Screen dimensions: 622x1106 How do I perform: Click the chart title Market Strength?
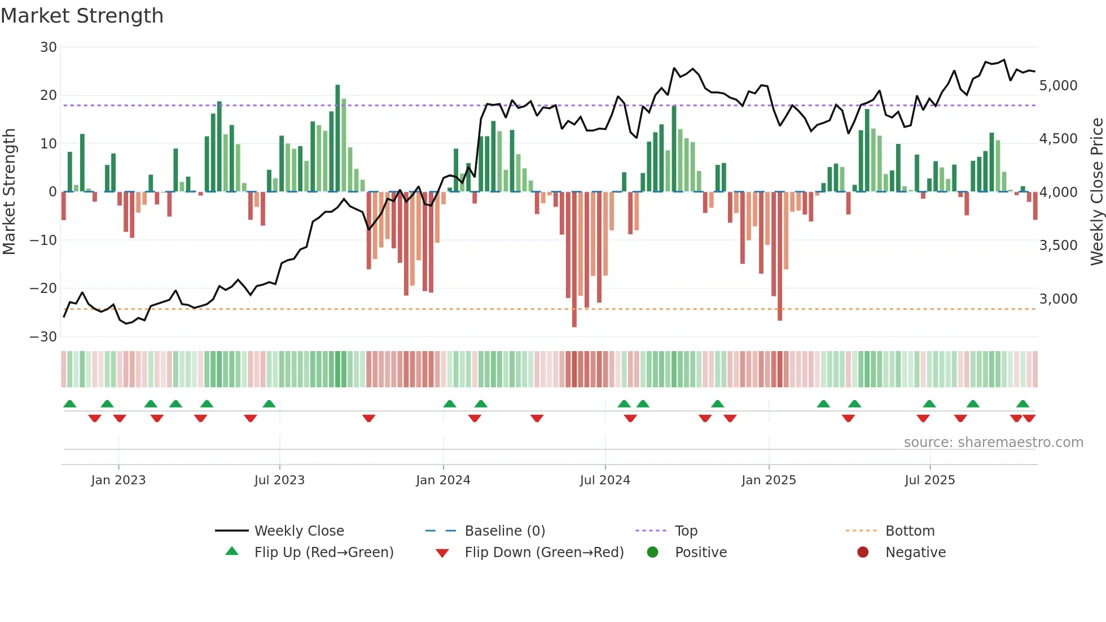pyautogui.click(x=82, y=16)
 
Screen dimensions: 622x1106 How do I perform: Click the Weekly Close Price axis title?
pyautogui.click(x=1096, y=192)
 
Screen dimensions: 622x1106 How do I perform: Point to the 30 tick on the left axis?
pyautogui.click(x=49, y=47)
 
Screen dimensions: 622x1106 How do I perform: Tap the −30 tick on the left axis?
pyautogui.click(x=43, y=337)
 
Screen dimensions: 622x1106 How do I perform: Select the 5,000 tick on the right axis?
pyautogui.click(x=1058, y=86)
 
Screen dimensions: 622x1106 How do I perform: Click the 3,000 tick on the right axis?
pyautogui.click(x=1058, y=299)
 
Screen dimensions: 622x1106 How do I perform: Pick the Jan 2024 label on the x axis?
pyautogui.click(x=443, y=480)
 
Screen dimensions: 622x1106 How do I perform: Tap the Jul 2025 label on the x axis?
pyautogui.click(x=929, y=480)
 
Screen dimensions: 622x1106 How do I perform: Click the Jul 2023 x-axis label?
pyautogui.click(x=279, y=480)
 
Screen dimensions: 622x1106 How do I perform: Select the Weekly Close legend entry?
pyautogui.click(x=299, y=531)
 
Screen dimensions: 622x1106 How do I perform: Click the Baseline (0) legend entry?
pyautogui.click(x=504, y=531)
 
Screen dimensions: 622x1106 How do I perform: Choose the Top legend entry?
pyautogui.click(x=686, y=531)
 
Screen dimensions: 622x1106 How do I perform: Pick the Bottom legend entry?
pyautogui.click(x=910, y=531)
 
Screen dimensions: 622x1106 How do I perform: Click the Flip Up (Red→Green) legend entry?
pyautogui.click(x=323, y=553)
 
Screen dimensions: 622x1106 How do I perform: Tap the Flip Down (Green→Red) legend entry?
pyautogui.click(x=544, y=553)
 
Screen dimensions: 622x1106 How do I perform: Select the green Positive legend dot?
pyautogui.click(x=653, y=553)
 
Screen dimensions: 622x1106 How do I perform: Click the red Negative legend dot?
pyautogui.click(x=863, y=553)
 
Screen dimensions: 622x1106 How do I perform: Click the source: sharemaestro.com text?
pyautogui.click(x=993, y=443)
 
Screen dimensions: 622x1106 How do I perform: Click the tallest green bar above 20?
pyautogui.click(x=337, y=138)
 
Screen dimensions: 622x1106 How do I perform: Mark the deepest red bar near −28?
pyautogui.click(x=574, y=260)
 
